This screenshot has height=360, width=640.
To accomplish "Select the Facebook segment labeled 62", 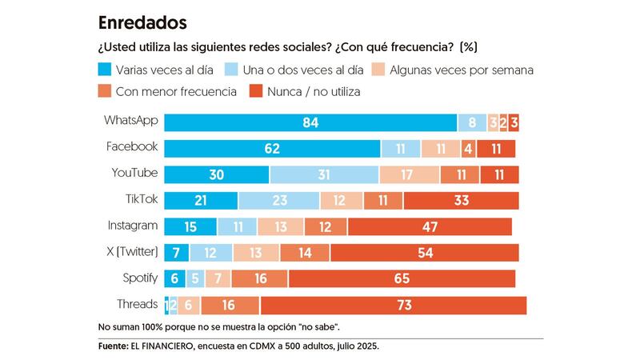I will (x=272, y=148).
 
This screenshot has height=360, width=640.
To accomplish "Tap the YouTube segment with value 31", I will (x=324, y=174).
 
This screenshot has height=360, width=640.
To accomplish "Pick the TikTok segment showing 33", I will (x=461, y=200).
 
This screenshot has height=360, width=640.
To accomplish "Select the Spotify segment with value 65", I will (x=402, y=278).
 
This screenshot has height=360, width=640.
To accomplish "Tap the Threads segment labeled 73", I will (x=394, y=305).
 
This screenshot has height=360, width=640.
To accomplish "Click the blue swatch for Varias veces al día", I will (x=104, y=70).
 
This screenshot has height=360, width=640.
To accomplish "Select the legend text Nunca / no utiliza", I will (x=313, y=91).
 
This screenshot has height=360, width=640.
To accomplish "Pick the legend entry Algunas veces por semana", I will (x=462, y=70).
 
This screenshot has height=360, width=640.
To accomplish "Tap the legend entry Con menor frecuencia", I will (x=176, y=91).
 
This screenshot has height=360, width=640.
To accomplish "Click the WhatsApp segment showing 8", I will (x=472, y=122).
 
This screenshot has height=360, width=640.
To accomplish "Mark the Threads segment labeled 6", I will (x=189, y=305).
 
